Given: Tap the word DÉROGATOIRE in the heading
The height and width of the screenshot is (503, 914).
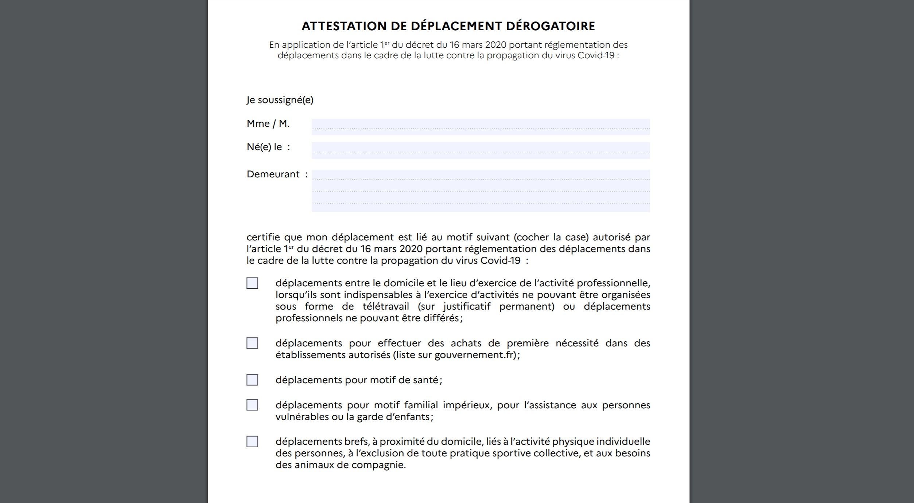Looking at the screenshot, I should [550, 26].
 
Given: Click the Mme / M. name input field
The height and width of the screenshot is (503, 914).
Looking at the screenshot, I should [481, 126].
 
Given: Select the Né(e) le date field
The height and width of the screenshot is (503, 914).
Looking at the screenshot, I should [481, 150].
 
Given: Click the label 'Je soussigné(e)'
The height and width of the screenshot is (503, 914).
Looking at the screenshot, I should [280, 100].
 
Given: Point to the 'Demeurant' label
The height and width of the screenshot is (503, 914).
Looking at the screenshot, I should [273, 174].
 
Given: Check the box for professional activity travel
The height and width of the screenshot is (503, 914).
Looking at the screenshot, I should [252, 283].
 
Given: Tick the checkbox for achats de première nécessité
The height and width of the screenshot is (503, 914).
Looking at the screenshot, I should [252, 343].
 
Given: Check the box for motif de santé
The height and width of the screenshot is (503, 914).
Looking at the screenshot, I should [252, 380].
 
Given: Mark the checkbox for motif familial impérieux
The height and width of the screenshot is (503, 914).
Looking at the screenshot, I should [252, 405].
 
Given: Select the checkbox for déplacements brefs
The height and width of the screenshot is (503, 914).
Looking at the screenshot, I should [252, 441].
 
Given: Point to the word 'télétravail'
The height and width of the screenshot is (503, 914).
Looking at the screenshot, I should [385, 306].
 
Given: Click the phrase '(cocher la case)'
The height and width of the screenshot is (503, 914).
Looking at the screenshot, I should [551, 237].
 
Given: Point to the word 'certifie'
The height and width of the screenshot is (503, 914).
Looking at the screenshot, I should [263, 237].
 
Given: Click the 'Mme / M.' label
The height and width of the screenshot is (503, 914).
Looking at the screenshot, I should [268, 123].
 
